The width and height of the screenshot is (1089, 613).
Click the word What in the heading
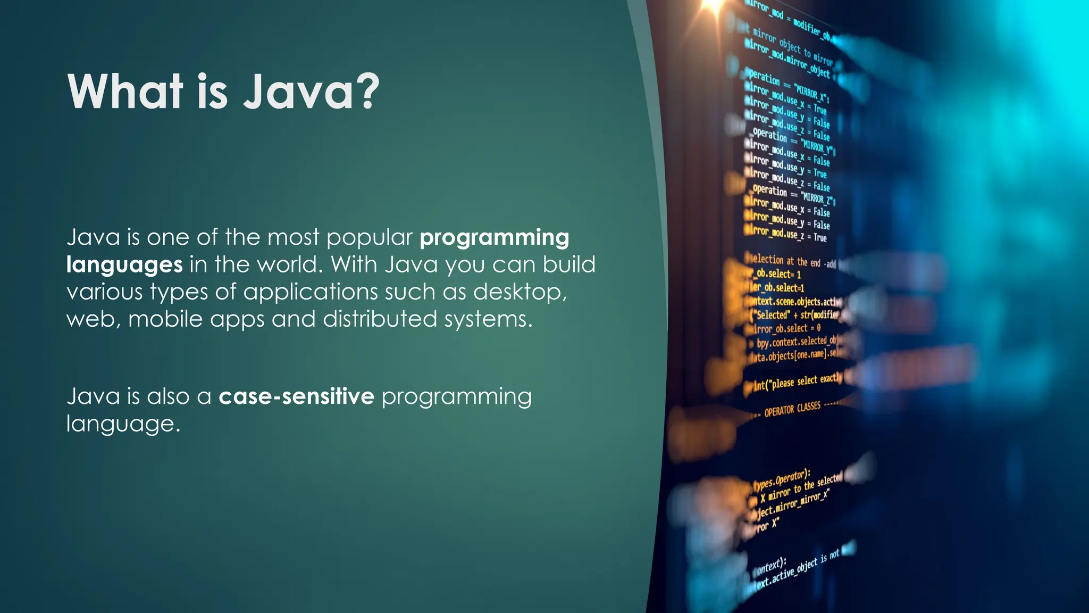point(125,92)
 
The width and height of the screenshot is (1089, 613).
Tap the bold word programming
point(494,238)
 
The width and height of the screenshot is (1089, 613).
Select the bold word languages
point(124,265)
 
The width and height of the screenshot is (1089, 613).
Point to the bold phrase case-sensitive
point(296,396)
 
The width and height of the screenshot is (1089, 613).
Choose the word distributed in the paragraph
point(380,319)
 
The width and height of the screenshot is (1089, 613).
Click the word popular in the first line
point(370,238)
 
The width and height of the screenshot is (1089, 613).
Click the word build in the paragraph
point(568,264)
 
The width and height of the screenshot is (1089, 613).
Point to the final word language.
point(123,424)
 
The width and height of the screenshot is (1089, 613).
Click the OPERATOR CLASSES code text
point(792,409)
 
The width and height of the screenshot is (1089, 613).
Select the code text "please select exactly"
point(806,381)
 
